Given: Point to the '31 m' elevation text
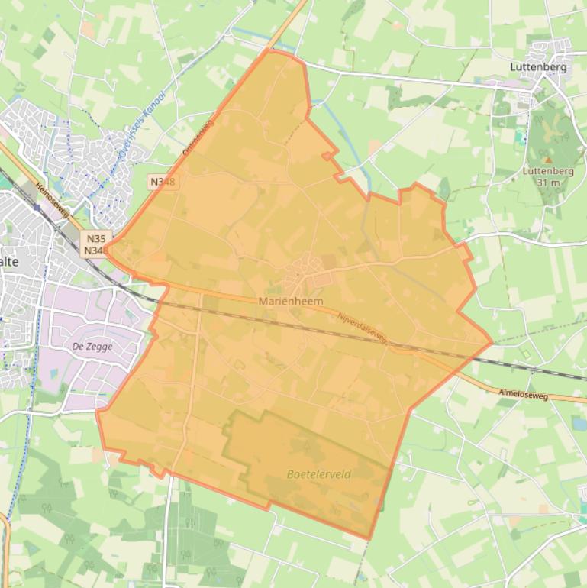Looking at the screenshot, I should (548, 183).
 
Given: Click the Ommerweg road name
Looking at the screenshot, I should (198, 136).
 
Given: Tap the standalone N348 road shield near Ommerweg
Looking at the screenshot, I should (162, 182).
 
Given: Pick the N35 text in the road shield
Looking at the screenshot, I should (96, 237).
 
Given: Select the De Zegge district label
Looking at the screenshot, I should (92, 347).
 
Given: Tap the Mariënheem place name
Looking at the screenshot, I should (291, 301).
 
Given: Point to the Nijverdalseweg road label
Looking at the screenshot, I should (363, 330).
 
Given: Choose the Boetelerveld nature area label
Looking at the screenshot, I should (318, 474).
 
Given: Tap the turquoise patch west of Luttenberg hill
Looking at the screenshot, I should (519, 138).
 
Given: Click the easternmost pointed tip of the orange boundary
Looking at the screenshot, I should (492, 342).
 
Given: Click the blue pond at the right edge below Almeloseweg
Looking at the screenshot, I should (579, 423).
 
